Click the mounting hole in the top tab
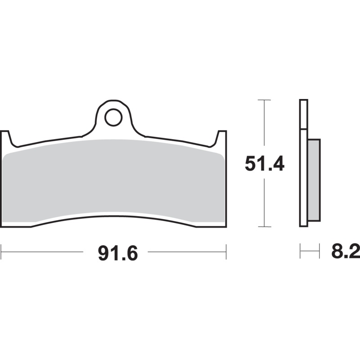click(x=113, y=117)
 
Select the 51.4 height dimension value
click(x=265, y=164)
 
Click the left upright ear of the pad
click(x=5, y=138)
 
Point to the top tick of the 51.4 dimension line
click(x=264, y=99)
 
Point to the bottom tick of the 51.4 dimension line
click(x=264, y=226)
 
